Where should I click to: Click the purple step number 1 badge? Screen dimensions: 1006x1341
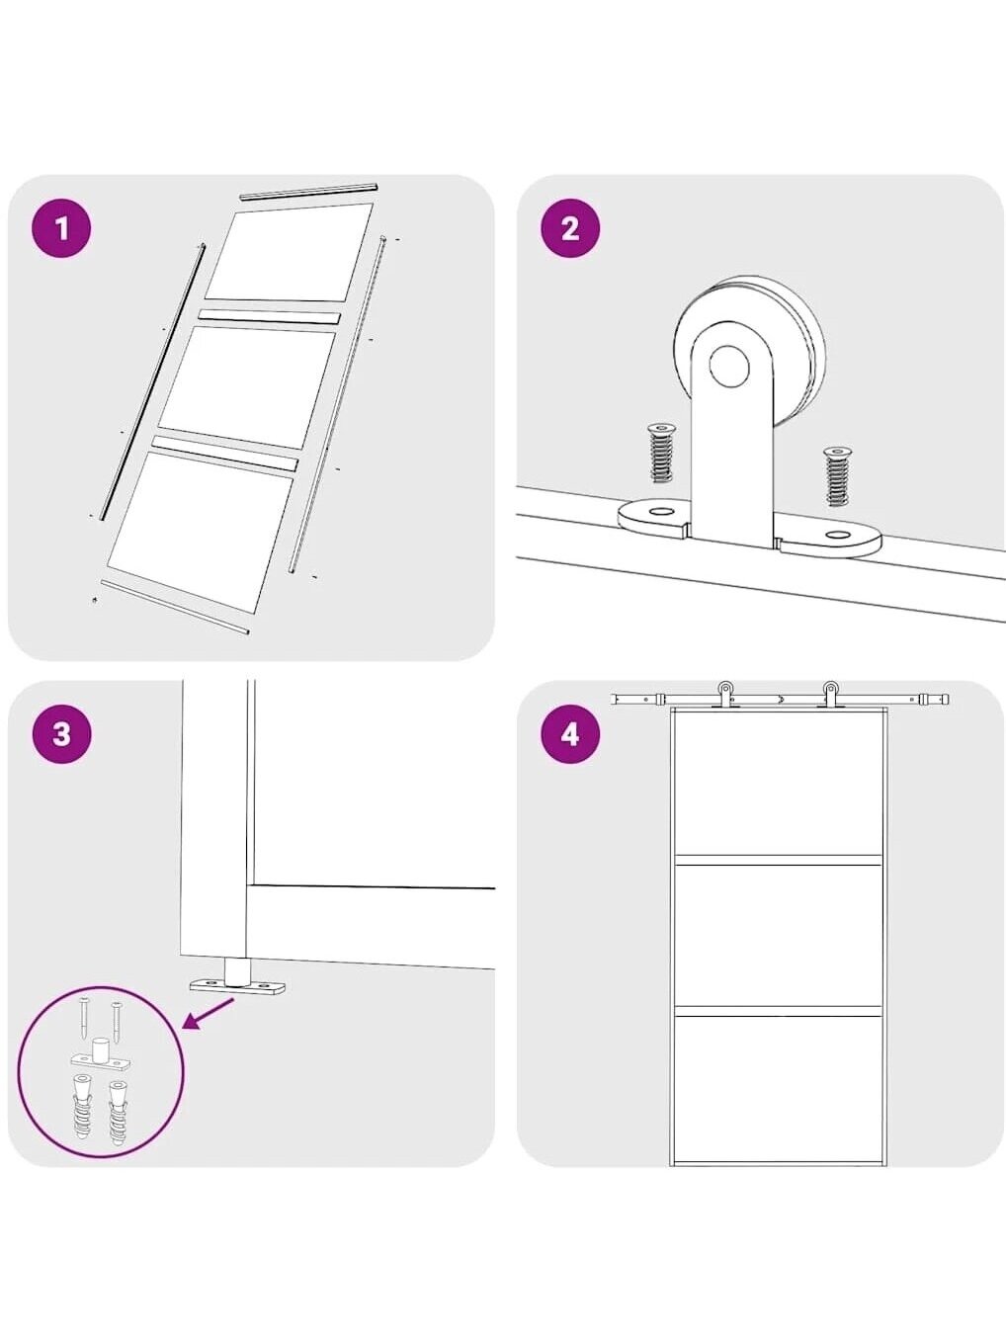click(61, 229)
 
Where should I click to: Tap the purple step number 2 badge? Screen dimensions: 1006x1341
click(570, 229)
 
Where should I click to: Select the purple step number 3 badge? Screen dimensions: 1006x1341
click(61, 733)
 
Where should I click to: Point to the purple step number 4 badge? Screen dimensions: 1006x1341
click(570, 733)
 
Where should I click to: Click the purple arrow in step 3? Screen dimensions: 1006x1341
click(209, 1014)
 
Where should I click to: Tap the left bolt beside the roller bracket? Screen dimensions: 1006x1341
click(658, 452)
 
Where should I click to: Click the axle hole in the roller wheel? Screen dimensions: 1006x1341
click(728, 366)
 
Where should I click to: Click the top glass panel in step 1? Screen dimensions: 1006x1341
click(289, 252)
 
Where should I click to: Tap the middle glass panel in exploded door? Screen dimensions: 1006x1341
click(247, 388)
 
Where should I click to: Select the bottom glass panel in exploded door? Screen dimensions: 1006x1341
click(202, 534)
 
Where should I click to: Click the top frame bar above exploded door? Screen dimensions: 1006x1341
click(309, 192)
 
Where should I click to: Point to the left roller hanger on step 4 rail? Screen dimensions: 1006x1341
click(725, 695)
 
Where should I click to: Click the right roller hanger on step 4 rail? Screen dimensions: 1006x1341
click(830, 695)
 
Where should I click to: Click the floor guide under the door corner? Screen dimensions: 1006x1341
click(237, 981)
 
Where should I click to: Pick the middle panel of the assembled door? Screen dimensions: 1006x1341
click(778, 935)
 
